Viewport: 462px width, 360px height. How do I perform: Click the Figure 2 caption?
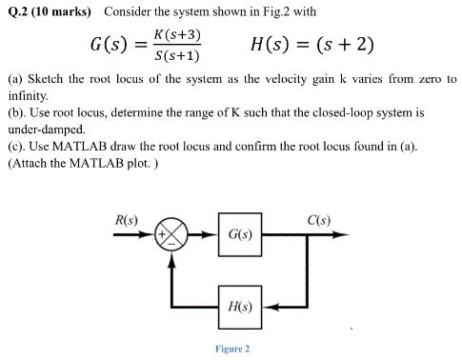click(x=232, y=349)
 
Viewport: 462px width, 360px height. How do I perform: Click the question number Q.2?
click(x=16, y=11)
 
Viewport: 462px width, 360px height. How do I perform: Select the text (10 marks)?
click(x=64, y=11)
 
